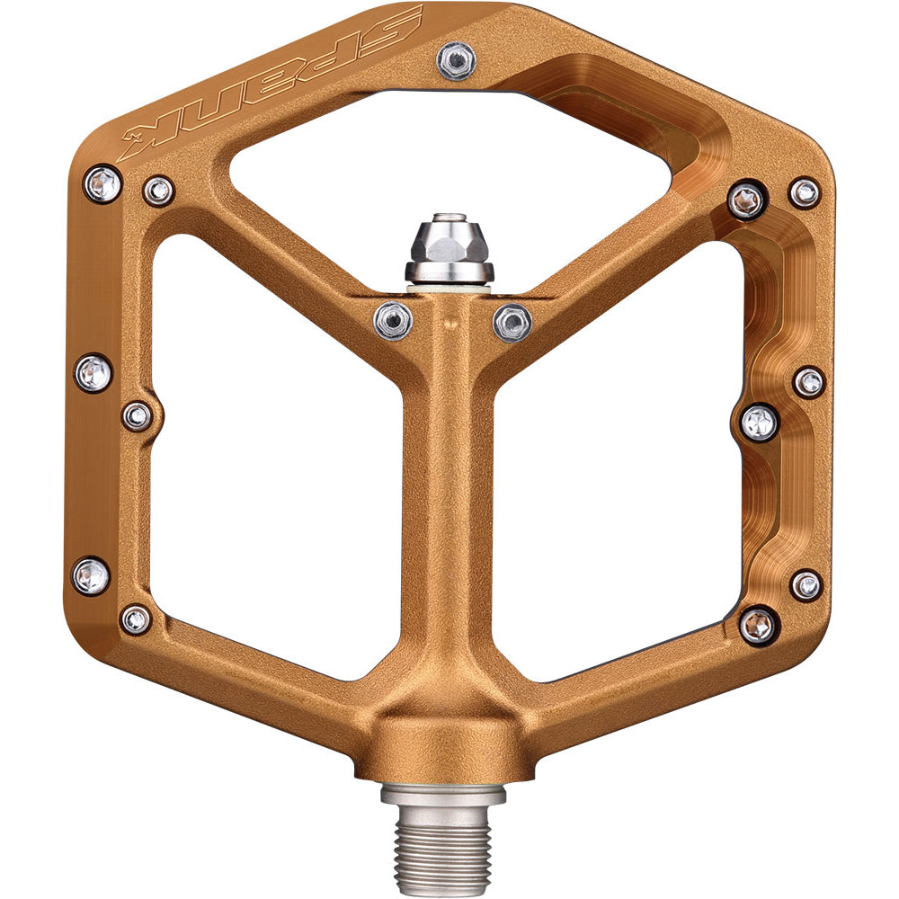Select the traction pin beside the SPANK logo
tap(456, 59)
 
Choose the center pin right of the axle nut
tap(512, 322)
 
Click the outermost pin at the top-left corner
tap(102, 183)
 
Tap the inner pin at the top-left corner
tap(158, 191)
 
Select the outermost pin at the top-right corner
tap(805, 192)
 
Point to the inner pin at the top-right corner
tap(746, 200)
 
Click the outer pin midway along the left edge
tap(93, 372)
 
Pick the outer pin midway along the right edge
tap(809, 382)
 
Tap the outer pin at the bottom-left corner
tap(92, 575)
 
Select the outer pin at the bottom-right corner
tap(806, 585)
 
